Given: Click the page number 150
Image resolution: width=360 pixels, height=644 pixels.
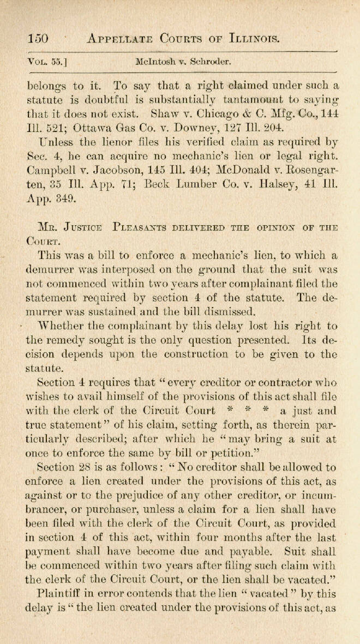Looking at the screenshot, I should coord(38,38).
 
